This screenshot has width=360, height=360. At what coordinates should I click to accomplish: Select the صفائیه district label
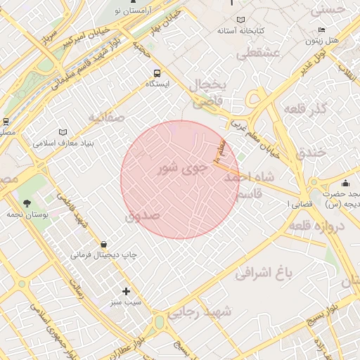coord(106,117)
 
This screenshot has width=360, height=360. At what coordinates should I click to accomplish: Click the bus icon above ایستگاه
coord(156,72)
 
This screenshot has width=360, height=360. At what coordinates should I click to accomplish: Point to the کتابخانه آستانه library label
coord(240,31)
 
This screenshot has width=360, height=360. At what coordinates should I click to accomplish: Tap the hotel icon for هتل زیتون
coord(321,30)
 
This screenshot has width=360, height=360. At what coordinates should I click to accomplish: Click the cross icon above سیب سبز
coord(126,291)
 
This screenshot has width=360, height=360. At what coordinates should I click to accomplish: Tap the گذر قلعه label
coord(304,110)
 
